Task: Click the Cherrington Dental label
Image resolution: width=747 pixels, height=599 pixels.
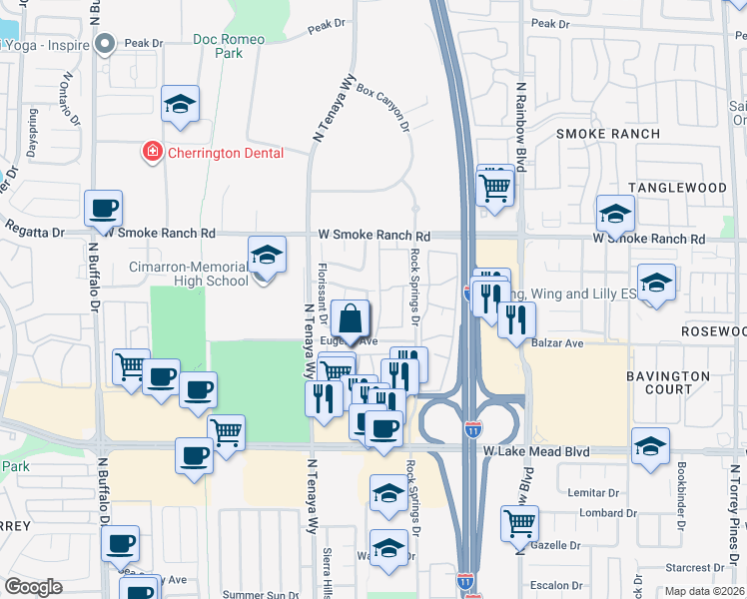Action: click(225, 153)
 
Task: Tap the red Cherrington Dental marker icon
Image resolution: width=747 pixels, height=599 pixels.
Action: click(152, 153)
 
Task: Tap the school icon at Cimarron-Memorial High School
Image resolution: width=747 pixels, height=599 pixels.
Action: click(267, 256)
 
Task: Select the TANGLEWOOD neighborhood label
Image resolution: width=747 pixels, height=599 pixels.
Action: click(676, 188)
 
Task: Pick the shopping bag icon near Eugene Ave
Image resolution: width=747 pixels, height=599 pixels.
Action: click(351, 319)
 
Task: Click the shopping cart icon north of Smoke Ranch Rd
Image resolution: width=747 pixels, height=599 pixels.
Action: click(495, 185)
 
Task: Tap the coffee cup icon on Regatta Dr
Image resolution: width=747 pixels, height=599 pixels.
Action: click(103, 210)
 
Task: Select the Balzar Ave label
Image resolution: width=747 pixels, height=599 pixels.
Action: click(561, 343)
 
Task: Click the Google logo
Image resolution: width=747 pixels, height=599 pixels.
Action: click(33, 586)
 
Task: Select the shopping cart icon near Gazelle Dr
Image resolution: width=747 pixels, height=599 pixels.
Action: click(520, 523)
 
